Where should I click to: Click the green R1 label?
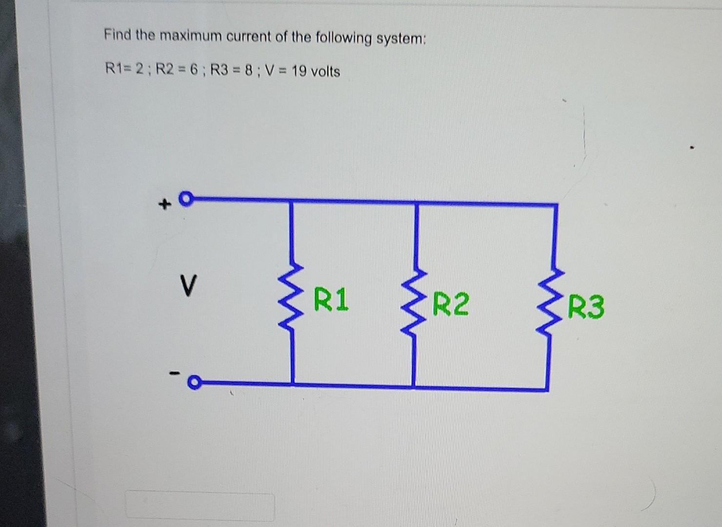pyautogui.click(x=332, y=300)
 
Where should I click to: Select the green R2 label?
pyautogui.click(x=451, y=304)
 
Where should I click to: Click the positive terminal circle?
pyautogui.click(x=185, y=199)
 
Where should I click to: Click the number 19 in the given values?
pyautogui.click(x=299, y=71)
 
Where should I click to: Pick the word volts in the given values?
pyautogui.click(x=326, y=72)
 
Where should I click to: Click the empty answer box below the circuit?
pyautogui.click(x=200, y=505)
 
